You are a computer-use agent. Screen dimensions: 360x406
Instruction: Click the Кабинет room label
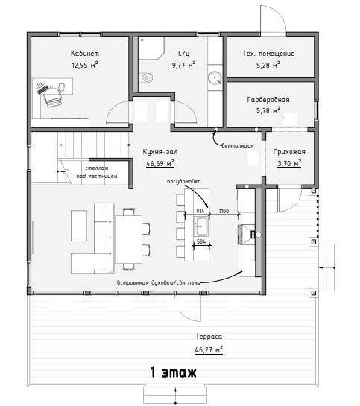(85, 54)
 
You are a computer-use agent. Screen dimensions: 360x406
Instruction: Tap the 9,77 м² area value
(184, 65)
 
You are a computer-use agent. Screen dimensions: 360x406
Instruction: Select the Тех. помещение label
(268, 54)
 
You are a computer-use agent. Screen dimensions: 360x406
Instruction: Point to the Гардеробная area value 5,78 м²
(268, 111)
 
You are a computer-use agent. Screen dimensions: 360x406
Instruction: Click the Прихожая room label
(289, 152)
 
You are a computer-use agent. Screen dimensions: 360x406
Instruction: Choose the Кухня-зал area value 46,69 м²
(160, 164)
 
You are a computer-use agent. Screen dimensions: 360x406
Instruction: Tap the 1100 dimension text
(224, 211)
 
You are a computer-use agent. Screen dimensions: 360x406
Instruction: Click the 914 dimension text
(200, 211)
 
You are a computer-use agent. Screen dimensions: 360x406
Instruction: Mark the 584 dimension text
(201, 241)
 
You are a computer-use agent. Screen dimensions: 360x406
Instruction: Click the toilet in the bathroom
(145, 77)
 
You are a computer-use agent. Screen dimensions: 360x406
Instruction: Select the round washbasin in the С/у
(215, 77)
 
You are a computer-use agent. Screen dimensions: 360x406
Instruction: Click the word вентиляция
(238, 145)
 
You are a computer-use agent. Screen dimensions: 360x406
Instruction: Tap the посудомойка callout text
(183, 181)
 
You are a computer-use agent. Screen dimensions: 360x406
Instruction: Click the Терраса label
(209, 337)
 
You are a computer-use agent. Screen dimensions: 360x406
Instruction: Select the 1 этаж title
(173, 372)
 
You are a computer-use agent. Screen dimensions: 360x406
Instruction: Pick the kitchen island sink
(201, 226)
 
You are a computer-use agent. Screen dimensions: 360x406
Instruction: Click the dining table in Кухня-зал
(128, 239)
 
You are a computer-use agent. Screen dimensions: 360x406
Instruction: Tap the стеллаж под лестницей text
(97, 172)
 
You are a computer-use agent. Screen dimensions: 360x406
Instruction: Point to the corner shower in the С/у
(151, 48)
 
